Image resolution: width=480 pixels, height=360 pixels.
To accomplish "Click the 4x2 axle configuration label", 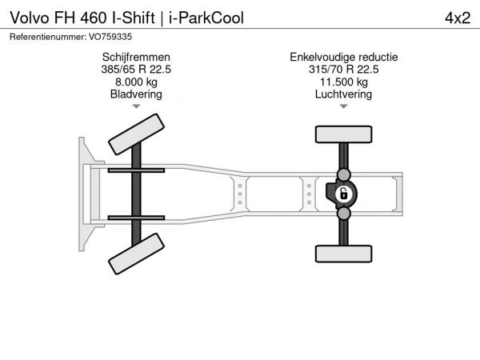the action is click(x=458, y=18).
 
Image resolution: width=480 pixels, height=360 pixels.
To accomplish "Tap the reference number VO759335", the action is click(x=110, y=37).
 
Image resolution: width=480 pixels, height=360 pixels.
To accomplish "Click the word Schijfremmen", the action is click(x=136, y=58).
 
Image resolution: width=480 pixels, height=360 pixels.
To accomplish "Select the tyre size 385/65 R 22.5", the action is click(x=136, y=70).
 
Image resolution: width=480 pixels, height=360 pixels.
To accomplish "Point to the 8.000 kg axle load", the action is click(x=136, y=82).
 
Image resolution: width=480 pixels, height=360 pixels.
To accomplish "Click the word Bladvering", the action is click(x=136, y=94).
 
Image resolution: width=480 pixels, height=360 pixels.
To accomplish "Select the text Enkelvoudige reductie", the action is click(x=344, y=58).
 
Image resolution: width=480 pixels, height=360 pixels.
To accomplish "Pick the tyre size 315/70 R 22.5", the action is click(x=344, y=70).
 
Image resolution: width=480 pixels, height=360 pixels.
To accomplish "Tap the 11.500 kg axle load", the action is click(x=344, y=82).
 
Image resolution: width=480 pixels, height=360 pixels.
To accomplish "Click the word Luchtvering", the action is click(x=344, y=94).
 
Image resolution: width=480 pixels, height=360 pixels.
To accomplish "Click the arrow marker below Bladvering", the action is click(x=136, y=106).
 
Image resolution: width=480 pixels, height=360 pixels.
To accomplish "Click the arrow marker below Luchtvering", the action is click(x=344, y=106).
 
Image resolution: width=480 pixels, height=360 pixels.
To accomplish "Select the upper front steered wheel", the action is click(x=136, y=134).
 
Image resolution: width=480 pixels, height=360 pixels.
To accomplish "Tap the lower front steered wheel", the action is click(x=136, y=254).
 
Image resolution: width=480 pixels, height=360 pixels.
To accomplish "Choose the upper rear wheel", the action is click(x=344, y=134).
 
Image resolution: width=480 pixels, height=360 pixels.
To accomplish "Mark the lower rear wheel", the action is click(x=344, y=254).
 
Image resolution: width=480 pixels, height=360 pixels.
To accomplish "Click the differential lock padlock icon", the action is click(x=343, y=194).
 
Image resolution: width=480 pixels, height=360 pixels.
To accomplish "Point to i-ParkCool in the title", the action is click(x=206, y=18).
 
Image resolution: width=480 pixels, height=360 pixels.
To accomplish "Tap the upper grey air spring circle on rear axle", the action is click(x=344, y=174).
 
